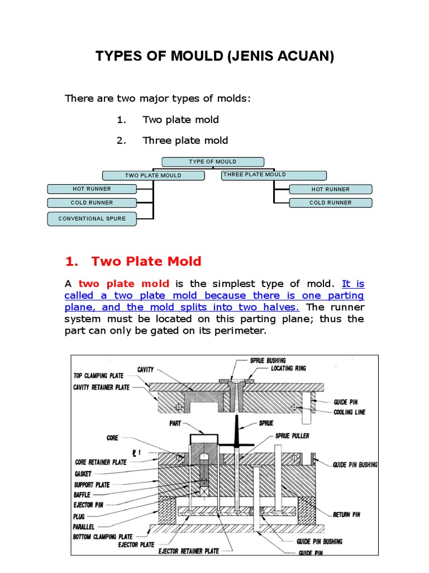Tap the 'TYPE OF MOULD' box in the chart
pos(212,162)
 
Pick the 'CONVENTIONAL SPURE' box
pos(92,218)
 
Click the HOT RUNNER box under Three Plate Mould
pos(330,189)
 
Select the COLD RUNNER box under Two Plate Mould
pos(92,203)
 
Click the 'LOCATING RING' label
pos(288,368)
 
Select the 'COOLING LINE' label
pos(350,412)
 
